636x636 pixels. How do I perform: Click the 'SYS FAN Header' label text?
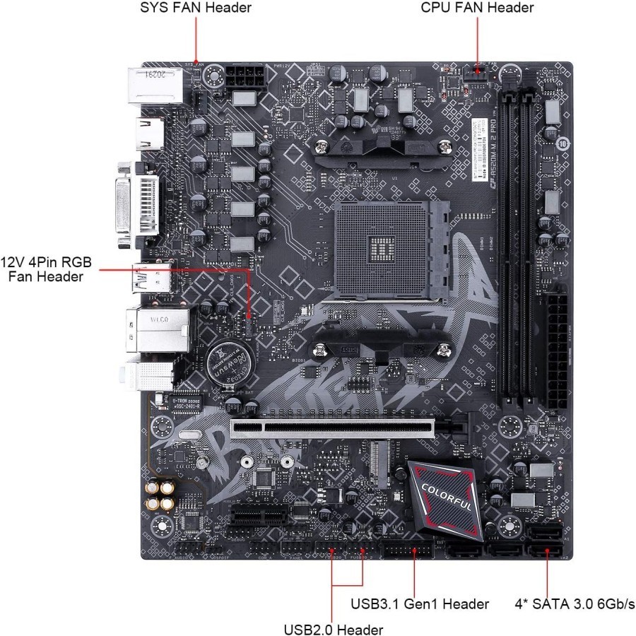point(196,8)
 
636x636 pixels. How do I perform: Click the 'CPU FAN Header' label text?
point(477,8)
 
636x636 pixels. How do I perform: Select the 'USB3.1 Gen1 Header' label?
point(420,603)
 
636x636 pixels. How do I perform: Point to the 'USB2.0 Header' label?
point(334,629)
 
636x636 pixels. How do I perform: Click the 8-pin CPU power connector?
point(245,76)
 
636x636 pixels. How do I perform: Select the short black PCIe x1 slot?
point(259,518)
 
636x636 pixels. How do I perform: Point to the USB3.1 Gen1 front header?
point(408,550)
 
